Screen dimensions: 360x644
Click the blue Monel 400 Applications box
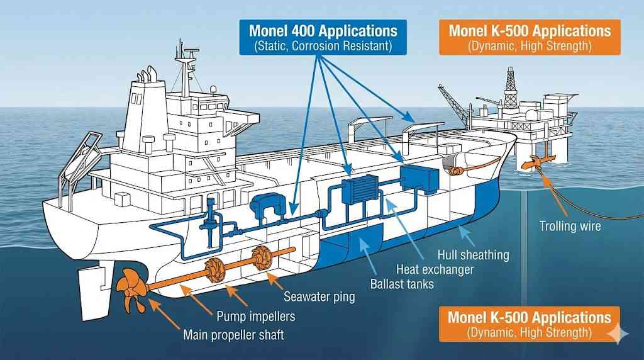(323, 37)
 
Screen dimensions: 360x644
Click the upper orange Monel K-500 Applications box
(530, 37)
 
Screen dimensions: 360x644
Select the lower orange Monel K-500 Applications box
(529, 323)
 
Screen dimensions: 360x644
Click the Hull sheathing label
(473, 256)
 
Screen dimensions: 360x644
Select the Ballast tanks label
(402, 284)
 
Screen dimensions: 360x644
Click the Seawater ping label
(319, 296)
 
